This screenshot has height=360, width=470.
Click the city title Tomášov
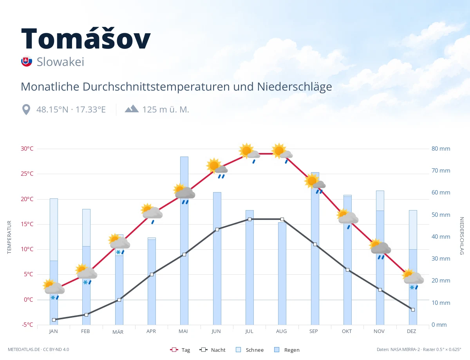tap(86, 38)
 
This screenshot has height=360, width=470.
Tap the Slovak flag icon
tap(27, 61)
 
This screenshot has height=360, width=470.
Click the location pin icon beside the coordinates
tap(26, 110)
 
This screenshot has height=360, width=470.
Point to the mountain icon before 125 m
tap(132, 109)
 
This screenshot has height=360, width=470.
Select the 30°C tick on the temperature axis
tap(27, 149)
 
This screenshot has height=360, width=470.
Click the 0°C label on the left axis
tap(29, 299)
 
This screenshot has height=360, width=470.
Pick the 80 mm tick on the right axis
tap(441, 149)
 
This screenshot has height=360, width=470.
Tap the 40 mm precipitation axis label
tap(441, 237)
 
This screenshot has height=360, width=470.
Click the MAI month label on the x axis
tap(183, 331)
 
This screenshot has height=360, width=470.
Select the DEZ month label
tap(411, 331)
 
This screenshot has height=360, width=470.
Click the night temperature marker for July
tap(249, 220)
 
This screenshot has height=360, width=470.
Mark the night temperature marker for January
tap(54, 320)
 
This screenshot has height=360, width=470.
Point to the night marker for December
tap(413, 310)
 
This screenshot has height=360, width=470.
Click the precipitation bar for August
tap(282, 274)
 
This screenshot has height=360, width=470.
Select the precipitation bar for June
tap(217, 258)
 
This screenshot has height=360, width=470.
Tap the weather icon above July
tap(249, 152)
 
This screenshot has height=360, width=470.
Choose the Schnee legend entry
tap(250, 350)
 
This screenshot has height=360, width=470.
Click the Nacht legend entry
tap(212, 350)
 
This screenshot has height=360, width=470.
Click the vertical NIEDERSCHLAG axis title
tap(462, 236)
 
